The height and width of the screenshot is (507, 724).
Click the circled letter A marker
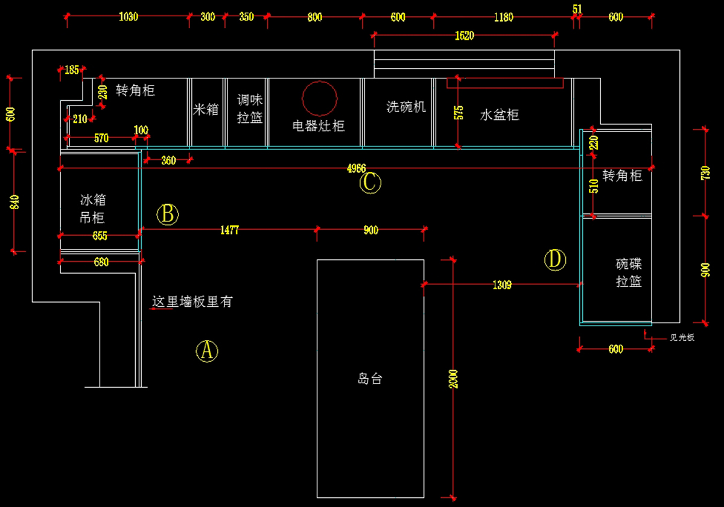pos(207,350)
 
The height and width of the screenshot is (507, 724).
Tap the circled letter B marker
pos(168,214)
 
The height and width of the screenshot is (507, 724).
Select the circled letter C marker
pos(370,183)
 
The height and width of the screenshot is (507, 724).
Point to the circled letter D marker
pos(555,260)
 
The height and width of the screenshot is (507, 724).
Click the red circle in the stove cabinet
pos(319,98)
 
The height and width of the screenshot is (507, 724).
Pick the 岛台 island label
pos(370,379)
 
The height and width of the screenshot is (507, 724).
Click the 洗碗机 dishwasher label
pos(406,107)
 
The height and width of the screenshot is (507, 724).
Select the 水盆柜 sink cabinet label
pos(500,115)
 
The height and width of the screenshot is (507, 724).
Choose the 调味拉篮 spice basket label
pos(250,109)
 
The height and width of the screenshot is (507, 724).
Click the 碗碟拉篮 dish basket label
pos(629,272)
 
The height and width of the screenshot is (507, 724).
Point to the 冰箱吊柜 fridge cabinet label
pos(92,209)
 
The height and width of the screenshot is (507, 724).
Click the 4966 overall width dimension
pos(356,168)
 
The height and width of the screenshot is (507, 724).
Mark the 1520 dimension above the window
pos(464,36)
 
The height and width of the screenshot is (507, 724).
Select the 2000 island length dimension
pos(454,378)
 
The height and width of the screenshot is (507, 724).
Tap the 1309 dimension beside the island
pos(502,285)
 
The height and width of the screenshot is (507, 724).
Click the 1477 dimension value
pos(230,230)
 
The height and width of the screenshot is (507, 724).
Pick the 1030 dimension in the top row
pos(129,17)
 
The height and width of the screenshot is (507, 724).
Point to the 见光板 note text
pos(682,338)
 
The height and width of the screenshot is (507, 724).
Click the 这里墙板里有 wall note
pos(192,302)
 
